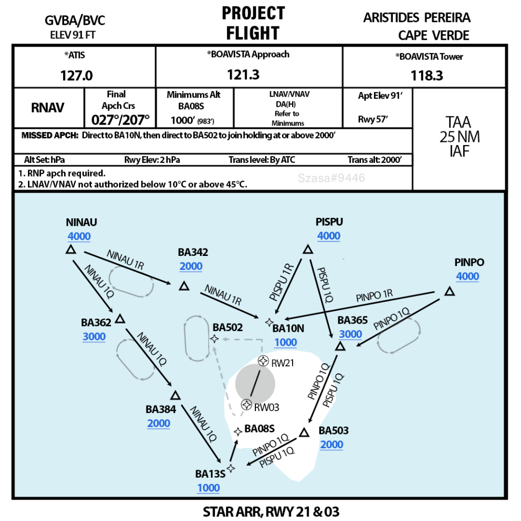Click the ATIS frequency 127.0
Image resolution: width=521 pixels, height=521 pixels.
point(76,76)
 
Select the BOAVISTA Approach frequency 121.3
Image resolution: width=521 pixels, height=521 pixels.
point(243,75)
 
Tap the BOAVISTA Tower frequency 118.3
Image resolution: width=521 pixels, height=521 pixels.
point(427,76)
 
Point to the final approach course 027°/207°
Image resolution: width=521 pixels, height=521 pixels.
point(120,120)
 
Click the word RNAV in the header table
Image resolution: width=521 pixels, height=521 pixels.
point(47,108)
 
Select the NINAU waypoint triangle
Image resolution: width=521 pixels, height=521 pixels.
point(71,249)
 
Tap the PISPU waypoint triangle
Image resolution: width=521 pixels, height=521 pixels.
point(308,249)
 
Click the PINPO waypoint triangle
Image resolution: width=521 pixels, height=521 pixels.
point(450,292)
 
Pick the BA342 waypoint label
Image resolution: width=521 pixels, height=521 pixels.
point(193,252)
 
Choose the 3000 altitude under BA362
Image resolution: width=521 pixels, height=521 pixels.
point(94,337)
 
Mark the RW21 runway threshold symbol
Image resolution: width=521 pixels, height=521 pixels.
point(264,361)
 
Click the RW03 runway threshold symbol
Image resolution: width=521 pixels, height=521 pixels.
point(246,404)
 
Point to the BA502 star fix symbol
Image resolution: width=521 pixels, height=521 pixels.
point(215,339)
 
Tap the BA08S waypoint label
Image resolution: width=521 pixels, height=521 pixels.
point(259,428)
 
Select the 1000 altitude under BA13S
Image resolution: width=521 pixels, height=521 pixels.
point(208,488)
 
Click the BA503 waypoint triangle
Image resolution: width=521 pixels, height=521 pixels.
point(304,432)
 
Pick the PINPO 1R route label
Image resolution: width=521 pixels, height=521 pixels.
point(374,296)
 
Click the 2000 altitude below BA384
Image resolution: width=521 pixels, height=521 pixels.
point(159,423)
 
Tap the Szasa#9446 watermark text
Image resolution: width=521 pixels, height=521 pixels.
point(331,178)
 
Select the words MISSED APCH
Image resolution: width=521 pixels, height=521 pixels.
point(50,135)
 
